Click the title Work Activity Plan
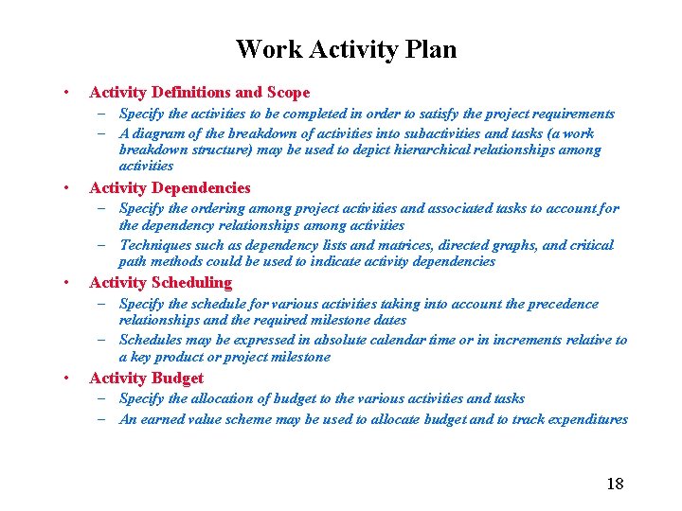coord(346,49)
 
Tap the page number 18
coord(615,484)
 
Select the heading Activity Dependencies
coord(170,187)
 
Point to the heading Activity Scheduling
coord(160,282)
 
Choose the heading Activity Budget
coord(146,378)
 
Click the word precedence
coord(560,304)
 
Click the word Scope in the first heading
coord(288,93)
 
